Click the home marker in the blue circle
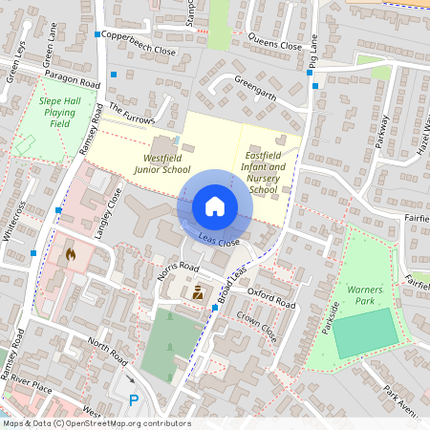coord(214,205)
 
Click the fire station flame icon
coord(69,255)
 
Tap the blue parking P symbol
coord(134,400)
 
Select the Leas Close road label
coord(219,240)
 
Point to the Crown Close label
coord(256,326)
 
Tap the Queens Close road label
coord(274,44)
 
